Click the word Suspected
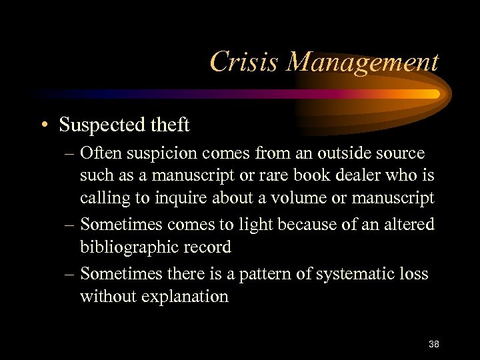pos(106,125)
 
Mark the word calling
pos(103,199)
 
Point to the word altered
pos(408,224)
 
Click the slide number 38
pos(434,344)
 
